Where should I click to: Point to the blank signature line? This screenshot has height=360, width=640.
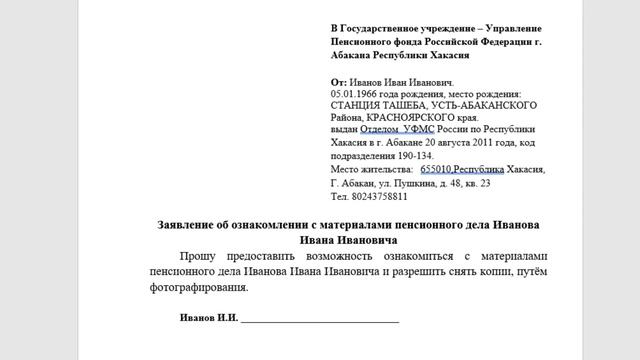(319, 319)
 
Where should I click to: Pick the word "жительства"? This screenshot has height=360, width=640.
(380, 169)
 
